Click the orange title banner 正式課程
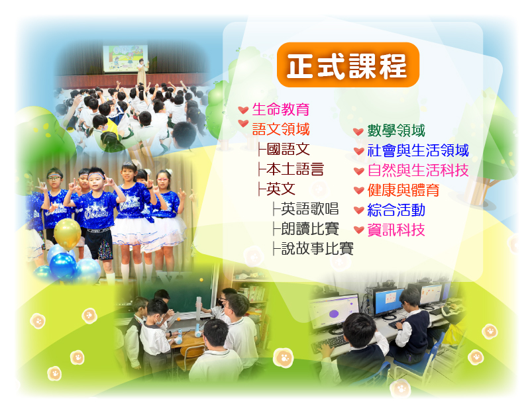click(x=348, y=65)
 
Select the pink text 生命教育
click(x=280, y=109)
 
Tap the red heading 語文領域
click(x=280, y=129)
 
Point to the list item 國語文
click(x=288, y=150)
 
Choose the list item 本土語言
click(x=295, y=169)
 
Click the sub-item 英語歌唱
click(x=309, y=208)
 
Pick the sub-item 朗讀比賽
click(x=309, y=228)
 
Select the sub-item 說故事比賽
click(x=317, y=249)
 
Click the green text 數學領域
click(x=396, y=130)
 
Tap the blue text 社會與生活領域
click(x=418, y=151)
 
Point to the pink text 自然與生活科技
click(x=418, y=170)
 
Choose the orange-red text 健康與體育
click(x=403, y=191)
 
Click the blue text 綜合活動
click(x=396, y=210)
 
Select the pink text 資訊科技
click(x=396, y=230)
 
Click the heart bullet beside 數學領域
click(x=358, y=132)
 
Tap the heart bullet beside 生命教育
click(x=243, y=110)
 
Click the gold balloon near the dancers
click(x=68, y=234)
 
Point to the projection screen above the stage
click(x=125, y=58)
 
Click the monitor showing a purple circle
click(x=333, y=311)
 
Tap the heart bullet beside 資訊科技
click(x=358, y=230)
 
